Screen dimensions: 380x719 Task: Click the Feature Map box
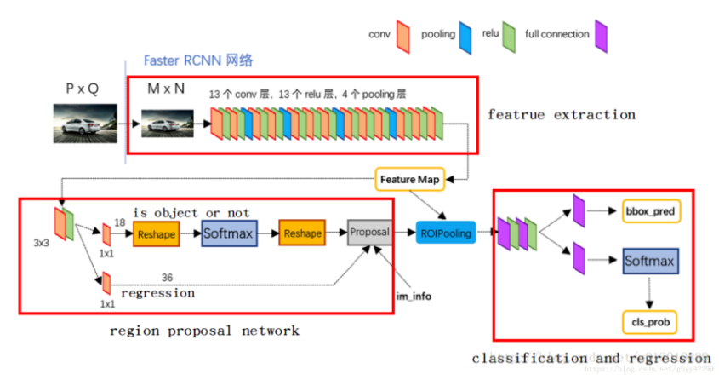409,180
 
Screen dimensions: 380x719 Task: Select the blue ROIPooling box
446,232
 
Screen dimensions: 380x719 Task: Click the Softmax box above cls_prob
650,261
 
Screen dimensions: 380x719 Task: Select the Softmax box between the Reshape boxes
229,233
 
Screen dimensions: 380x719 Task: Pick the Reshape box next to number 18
156,233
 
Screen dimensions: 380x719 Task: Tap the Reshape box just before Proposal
303,233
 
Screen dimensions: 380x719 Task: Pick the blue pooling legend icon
465,35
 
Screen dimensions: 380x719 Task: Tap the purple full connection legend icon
601,35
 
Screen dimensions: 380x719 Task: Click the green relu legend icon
508,35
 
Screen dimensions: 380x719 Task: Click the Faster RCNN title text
197,61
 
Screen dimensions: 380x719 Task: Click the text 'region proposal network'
205,330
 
